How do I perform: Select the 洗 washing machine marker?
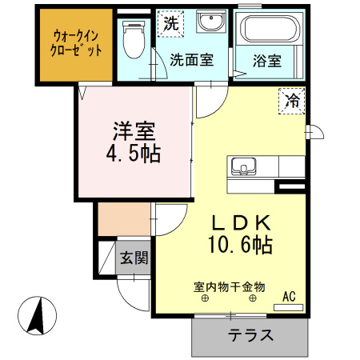click(x=170, y=24)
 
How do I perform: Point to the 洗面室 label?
click(x=191, y=61)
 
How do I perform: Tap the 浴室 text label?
click(x=267, y=61)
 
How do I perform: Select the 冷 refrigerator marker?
click(x=293, y=101)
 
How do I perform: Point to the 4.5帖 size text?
click(x=134, y=153)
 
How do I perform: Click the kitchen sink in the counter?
click(x=242, y=167)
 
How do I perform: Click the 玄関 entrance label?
click(x=134, y=258)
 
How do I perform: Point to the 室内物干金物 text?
click(x=229, y=286)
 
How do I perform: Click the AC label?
click(x=290, y=296)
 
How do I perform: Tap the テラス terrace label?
click(x=250, y=335)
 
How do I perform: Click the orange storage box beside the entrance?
click(x=123, y=219)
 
